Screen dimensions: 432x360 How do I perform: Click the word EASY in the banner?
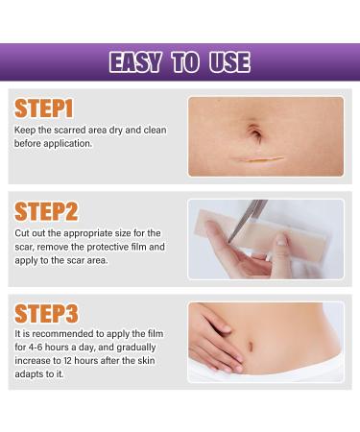click(136, 63)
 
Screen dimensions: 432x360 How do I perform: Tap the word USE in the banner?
click(228, 63)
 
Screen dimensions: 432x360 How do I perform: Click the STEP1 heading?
click(44, 108)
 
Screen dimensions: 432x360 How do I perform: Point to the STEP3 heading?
click(46, 314)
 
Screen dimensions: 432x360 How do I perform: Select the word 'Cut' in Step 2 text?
click(21, 233)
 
